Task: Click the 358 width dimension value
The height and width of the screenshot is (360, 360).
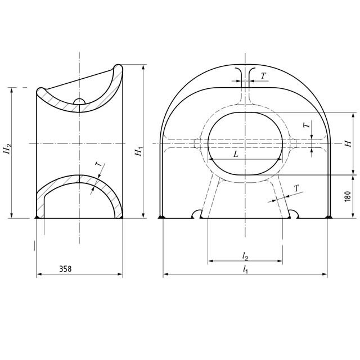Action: point(65,269)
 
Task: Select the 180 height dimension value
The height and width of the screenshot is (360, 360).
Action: point(347,197)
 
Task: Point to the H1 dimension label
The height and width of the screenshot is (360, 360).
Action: point(138,151)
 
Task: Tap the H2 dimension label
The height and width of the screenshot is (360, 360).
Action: point(6,148)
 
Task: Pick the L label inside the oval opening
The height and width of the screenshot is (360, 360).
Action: point(236,153)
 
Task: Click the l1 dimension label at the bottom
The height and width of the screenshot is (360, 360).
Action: point(245,269)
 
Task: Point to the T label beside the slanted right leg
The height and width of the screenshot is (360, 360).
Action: point(296,188)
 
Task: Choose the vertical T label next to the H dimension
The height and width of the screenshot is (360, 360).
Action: point(307,126)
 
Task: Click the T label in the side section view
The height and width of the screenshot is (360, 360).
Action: point(97,165)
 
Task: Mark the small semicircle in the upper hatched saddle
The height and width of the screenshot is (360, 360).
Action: point(79,102)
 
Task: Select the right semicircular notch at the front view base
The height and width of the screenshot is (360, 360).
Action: point(294,214)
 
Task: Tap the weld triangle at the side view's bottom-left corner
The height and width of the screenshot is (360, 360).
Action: point(37,217)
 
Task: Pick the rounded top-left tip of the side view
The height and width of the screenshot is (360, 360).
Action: point(40,91)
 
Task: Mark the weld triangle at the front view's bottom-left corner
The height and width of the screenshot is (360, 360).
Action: point(161,217)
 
